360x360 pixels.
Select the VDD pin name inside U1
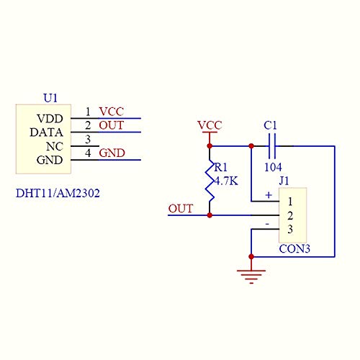(50, 118)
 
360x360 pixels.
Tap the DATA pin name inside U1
(47, 132)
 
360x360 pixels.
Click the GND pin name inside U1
(50, 160)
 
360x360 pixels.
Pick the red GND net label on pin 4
(112, 153)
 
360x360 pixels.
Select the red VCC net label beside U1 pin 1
(111, 111)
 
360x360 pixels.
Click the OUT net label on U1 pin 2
(111, 125)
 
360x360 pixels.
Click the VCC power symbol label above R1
(210, 125)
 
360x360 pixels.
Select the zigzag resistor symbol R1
(210, 186)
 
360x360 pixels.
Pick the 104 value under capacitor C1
(272, 167)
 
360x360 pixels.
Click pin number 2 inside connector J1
(289, 215)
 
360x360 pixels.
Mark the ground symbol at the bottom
(251, 273)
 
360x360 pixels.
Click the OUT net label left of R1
(180, 209)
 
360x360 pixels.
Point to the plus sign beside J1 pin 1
(268, 195)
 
